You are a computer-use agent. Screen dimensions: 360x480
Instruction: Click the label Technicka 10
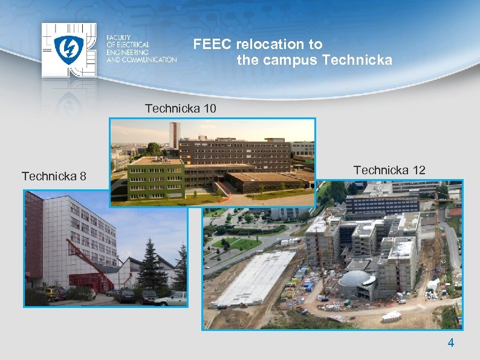(180, 109)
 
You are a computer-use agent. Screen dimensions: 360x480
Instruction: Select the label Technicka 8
(54, 177)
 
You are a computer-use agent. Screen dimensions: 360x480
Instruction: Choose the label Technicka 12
(389, 171)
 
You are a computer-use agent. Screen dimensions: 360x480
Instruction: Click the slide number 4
(450, 343)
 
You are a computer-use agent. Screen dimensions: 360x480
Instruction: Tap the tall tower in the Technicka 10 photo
(174, 136)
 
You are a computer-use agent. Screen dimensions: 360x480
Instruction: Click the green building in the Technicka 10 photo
(157, 180)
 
